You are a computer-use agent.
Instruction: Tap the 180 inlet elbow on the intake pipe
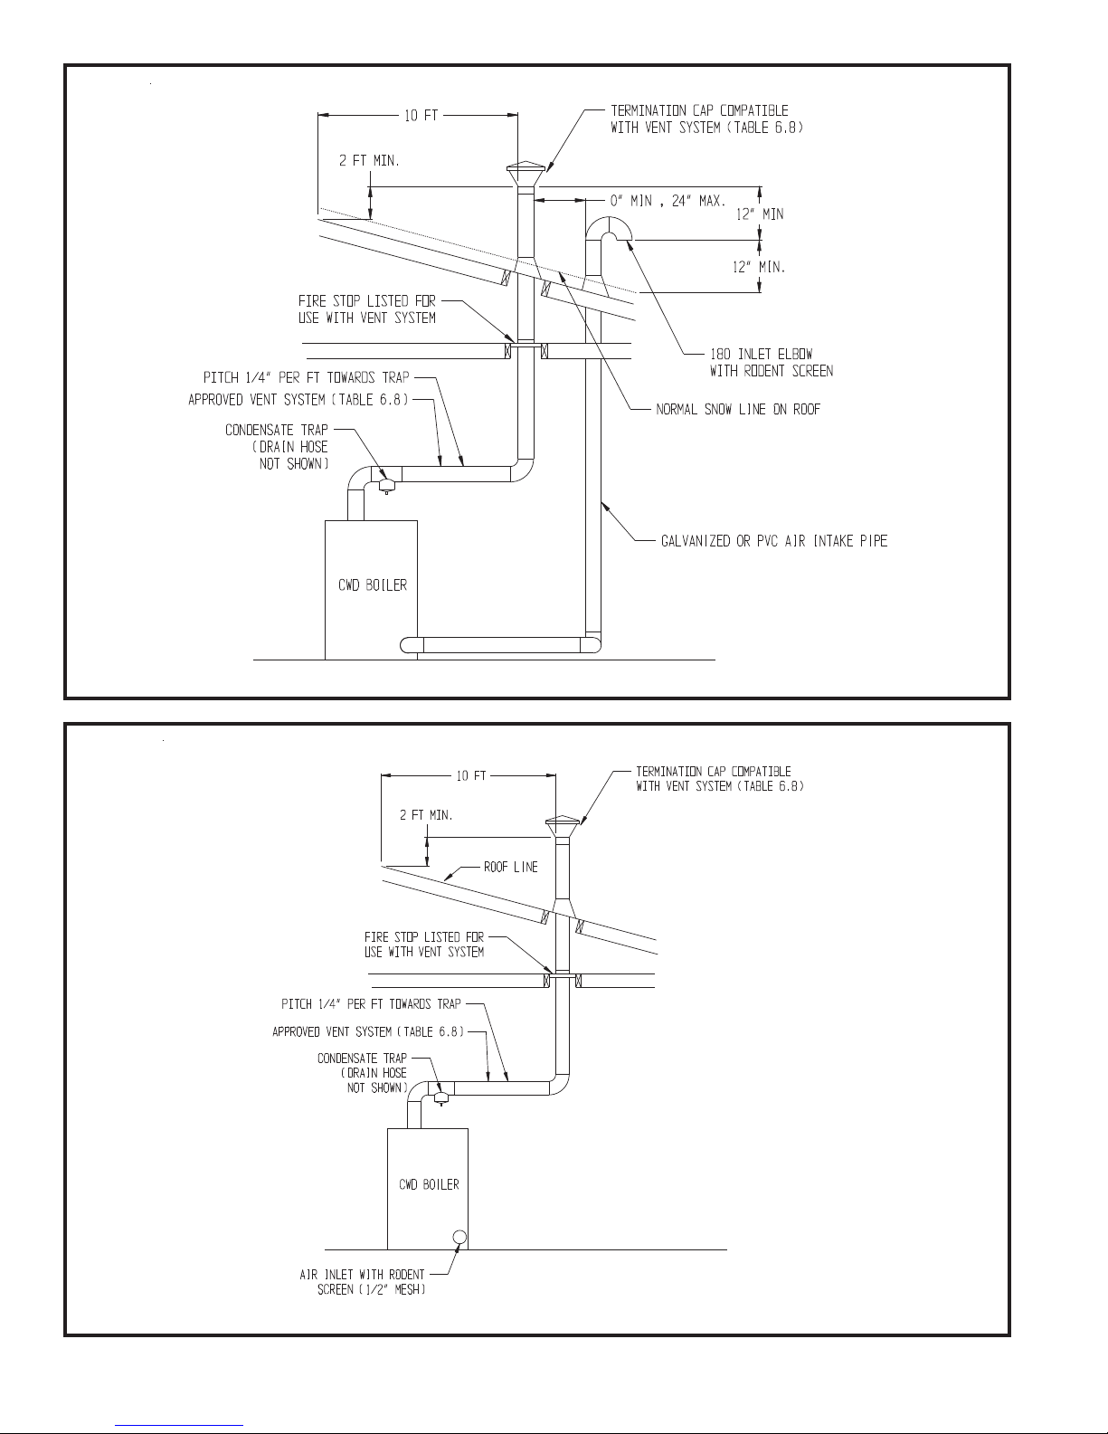[609, 229]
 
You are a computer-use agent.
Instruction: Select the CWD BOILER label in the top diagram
[373, 585]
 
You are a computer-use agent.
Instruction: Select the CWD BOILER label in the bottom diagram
[430, 1184]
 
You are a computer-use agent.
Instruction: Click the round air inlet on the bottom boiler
[459, 1238]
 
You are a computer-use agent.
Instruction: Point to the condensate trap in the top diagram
[386, 486]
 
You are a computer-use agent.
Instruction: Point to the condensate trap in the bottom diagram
[441, 1098]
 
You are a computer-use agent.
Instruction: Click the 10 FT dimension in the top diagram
[421, 116]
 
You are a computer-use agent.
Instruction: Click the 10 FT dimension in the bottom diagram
[471, 775]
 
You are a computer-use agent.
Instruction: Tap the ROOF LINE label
[511, 867]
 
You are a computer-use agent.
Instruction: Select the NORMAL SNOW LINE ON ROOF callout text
[738, 409]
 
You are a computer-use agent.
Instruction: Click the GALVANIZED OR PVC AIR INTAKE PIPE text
[774, 541]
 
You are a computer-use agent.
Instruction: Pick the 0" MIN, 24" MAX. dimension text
[668, 201]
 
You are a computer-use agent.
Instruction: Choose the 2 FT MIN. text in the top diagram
[369, 160]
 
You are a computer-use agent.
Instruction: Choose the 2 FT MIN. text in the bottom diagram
[426, 815]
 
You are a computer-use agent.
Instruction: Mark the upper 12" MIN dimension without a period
[760, 214]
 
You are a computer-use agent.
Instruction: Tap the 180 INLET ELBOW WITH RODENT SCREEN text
[771, 362]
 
